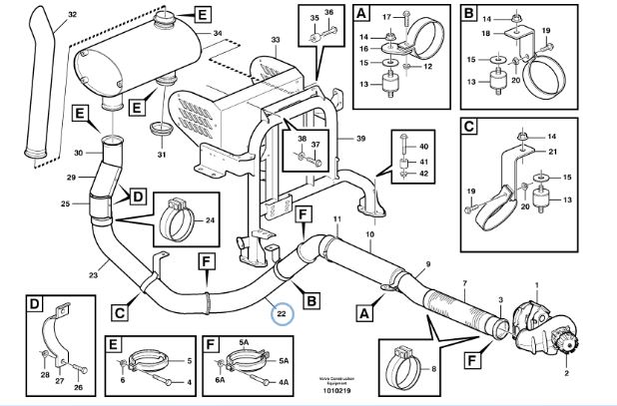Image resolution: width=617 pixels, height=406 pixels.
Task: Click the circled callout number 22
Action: coord(282,315)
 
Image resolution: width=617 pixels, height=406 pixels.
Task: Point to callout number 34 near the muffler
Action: coord(217,33)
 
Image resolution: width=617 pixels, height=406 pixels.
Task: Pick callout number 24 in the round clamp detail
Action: coord(210,221)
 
